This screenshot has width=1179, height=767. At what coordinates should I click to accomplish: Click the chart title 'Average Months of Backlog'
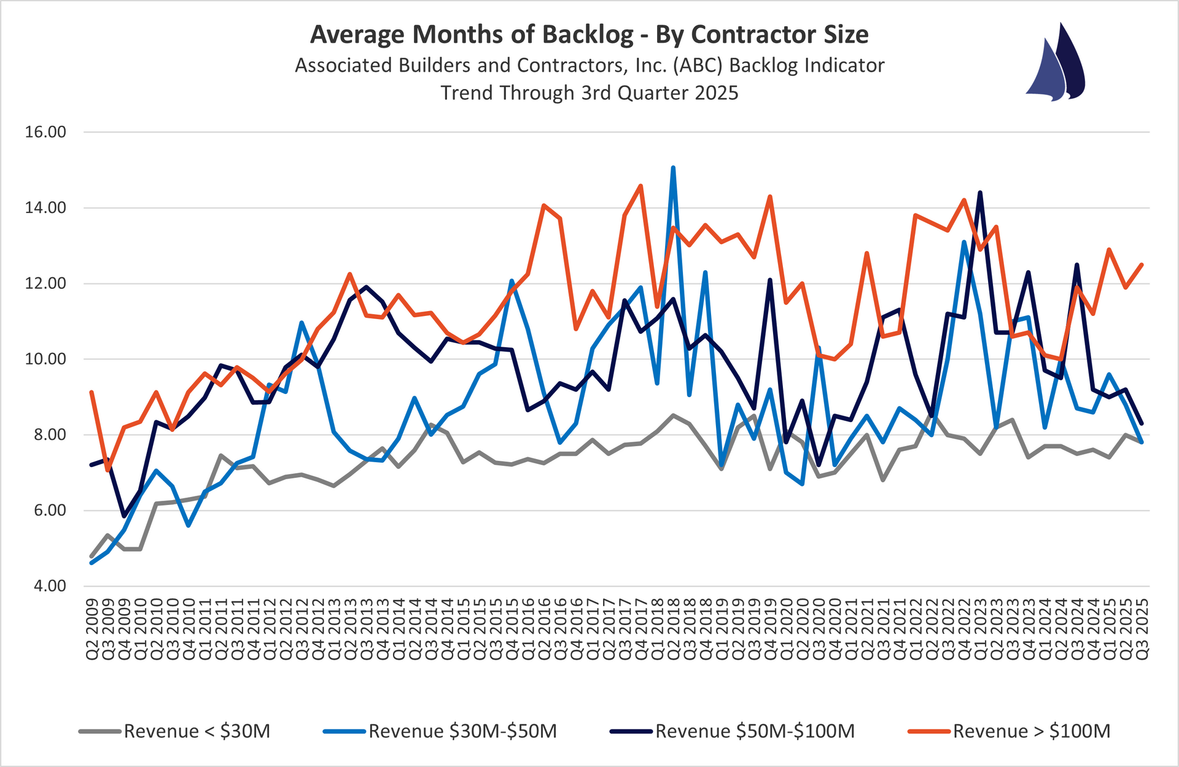[472, 35]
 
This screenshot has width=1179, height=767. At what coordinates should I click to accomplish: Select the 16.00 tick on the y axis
[45, 132]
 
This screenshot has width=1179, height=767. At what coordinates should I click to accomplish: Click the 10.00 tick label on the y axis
[45, 359]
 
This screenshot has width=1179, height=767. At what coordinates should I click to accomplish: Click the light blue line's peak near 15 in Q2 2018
[673, 167]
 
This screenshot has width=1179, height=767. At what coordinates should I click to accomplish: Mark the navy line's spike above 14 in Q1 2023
[980, 193]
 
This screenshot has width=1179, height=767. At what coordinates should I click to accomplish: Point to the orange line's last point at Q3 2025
[1142, 264]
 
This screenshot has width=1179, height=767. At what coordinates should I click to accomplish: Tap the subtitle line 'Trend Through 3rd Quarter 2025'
[589, 93]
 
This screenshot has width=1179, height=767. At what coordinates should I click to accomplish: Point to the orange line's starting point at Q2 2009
[91, 392]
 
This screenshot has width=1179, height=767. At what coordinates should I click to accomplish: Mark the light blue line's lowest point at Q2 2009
[91, 563]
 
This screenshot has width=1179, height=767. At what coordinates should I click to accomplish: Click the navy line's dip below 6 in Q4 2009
[124, 516]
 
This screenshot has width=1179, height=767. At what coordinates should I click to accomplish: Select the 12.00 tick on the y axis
[45, 283]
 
